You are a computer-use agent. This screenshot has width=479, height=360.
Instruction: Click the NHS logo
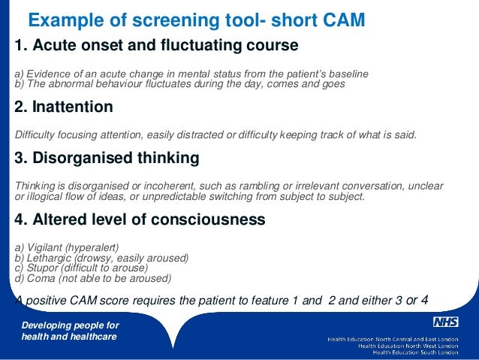(x=445, y=322)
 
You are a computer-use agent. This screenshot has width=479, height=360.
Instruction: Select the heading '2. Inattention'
(x=64, y=107)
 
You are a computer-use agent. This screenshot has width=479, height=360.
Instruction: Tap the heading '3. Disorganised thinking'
(x=107, y=159)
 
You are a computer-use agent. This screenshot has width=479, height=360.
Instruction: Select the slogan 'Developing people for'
(x=70, y=325)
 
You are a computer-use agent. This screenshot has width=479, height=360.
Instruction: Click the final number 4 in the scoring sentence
(x=424, y=301)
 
